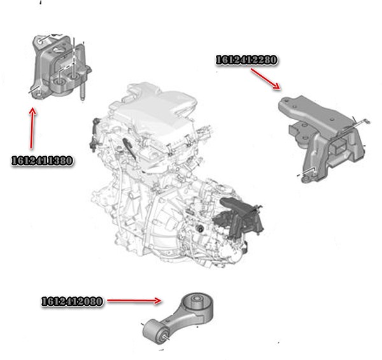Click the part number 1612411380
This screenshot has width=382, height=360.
coord(42,161)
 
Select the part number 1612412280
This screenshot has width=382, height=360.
coord(246,60)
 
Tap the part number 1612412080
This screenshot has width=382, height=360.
coord(72,301)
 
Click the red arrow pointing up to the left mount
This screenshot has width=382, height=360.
coord(32,128)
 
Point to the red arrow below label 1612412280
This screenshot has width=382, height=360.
coord(265,79)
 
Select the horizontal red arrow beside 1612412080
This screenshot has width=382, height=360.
coord(134,301)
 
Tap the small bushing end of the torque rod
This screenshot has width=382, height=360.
coord(155,332)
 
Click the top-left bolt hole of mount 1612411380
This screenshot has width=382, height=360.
coord(41,41)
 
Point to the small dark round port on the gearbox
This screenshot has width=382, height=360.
coord(201,229)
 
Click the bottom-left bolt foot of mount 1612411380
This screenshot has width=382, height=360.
coord(38,94)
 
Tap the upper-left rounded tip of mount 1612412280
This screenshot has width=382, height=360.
coord(285,101)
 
